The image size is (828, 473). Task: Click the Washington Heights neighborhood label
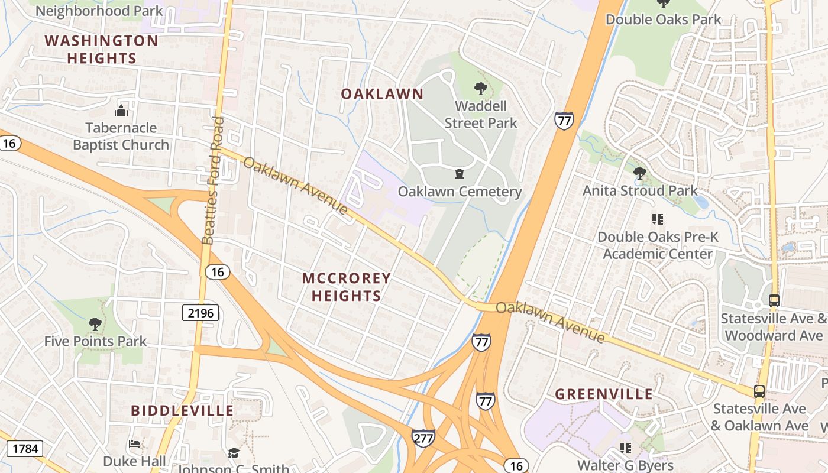pyautogui.click(x=102, y=50)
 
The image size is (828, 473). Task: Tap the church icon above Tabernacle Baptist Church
pyautogui.click(x=121, y=111)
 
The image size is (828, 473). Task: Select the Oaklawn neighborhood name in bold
pyautogui.click(x=382, y=94)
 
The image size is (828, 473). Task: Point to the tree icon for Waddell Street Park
pyautogui.click(x=480, y=89)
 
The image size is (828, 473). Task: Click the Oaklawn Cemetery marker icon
pyautogui.click(x=459, y=174)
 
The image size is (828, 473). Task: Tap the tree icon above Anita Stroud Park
pyautogui.click(x=639, y=173)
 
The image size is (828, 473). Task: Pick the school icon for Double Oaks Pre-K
pyautogui.click(x=657, y=219)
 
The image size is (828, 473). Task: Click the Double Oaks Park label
pyautogui.click(x=663, y=19)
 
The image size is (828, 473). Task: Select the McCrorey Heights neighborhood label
pyautogui.click(x=347, y=287)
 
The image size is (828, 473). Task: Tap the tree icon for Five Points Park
pyautogui.click(x=95, y=324)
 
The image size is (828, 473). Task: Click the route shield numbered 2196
pyautogui.click(x=200, y=312)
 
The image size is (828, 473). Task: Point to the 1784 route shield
pyautogui.click(x=25, y=449)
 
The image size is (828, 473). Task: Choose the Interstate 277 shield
pyautogui.click(x=423, y=438)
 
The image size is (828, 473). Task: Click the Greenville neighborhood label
pyautogui.click(x=604, y=394)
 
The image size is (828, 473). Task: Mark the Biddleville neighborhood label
pyautogui.click(x=182, y=410)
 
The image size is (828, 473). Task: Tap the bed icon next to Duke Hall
pyautogui.click(x=134, y=444)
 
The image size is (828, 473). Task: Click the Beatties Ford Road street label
pyautogui.click(x=212, y=180)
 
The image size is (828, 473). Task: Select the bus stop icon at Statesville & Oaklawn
pyautogui.click(x=759, y=391)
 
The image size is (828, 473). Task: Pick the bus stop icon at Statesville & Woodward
pyautogui.click(x=774, y=301)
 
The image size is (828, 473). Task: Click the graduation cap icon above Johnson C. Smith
pyautogui.click(x=234, y=453)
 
